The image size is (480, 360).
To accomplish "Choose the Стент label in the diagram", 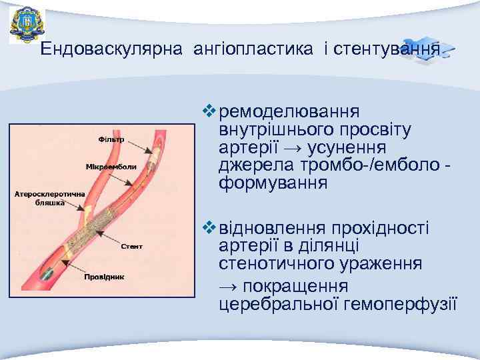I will tap(131, 246).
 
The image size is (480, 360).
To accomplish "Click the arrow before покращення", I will tap(229, 287).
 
